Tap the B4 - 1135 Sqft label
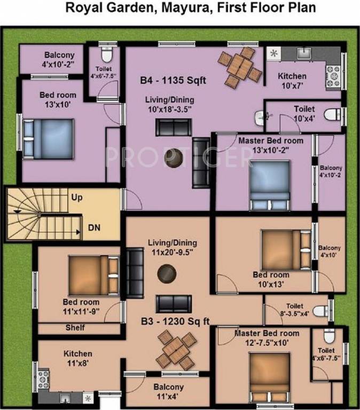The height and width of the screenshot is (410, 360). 173,81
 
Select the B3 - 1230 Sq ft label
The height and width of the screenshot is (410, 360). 175,321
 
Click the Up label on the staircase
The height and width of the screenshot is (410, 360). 77,198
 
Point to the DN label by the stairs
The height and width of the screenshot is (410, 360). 94,228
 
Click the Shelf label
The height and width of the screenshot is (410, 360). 75,328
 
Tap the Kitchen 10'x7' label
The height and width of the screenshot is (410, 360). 292,81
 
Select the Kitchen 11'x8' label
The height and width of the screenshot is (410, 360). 78,358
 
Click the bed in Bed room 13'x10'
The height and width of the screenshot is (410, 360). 48,137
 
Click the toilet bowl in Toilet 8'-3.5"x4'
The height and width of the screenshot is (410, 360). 320,311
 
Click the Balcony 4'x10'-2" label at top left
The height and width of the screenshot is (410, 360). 59,59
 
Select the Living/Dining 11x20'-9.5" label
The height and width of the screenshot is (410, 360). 170,248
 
